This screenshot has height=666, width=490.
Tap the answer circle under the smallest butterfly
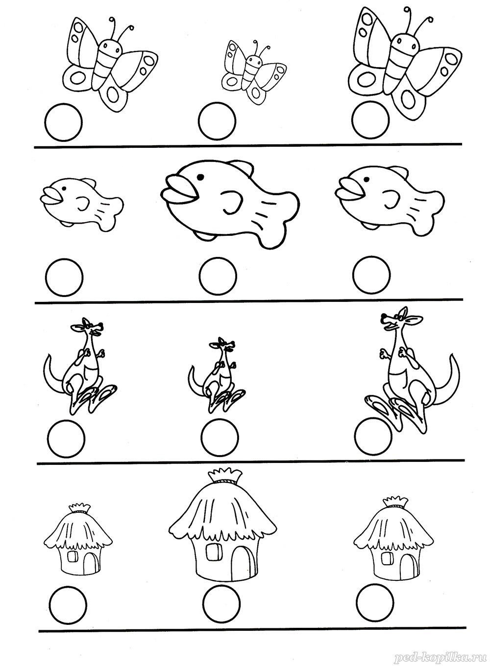point(217,121)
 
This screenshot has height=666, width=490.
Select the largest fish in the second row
point(230,204)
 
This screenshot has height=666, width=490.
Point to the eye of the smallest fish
point(64,188)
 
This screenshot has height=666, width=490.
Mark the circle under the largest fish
point(218,276)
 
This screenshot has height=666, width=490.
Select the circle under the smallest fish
point(64,277)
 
